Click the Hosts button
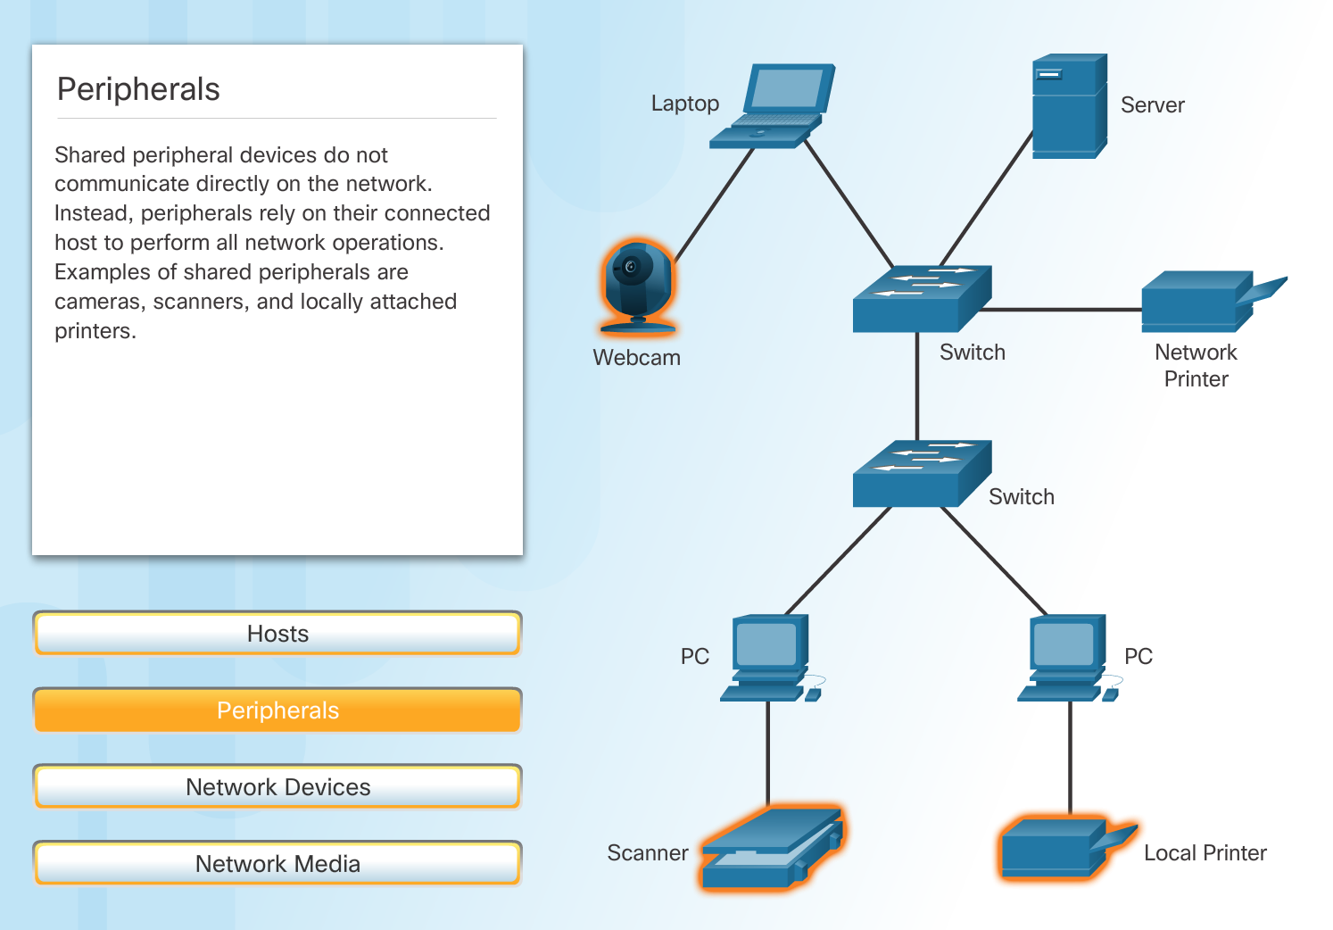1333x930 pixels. tap(277, 634)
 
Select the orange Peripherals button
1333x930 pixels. tap(277, 710)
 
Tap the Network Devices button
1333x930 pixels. tap(277, 787)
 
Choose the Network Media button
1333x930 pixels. tap(277, 864)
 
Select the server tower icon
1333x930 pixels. tap(1068, 107)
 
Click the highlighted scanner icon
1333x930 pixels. tap(772, 848)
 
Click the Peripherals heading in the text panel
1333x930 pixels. tap(138, 89)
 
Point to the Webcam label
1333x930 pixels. tap(636, 358)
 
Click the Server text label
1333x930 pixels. tap(1152, 105)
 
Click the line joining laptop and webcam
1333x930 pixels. tap(714, 205)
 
